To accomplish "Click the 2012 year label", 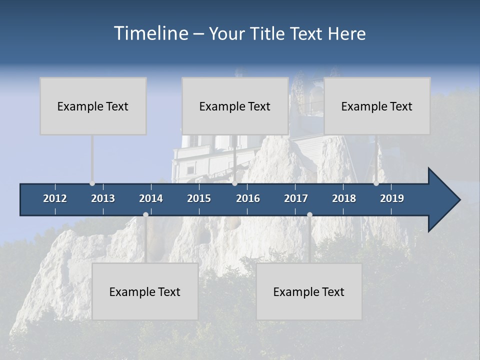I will click(55, 198).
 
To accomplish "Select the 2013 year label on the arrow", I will click(103, 198).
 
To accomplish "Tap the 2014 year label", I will click(151, 198).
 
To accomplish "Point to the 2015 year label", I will click(199, 198).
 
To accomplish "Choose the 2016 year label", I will click(248, 198).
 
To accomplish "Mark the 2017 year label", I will click(296, 198).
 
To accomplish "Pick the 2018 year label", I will click(344, 198).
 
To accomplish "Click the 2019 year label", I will click(392, 198).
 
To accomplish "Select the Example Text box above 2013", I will click(93, 106).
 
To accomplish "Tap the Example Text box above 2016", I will click(235, 106).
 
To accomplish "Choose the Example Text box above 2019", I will click(377, 106).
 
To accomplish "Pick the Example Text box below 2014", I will click(145, 291).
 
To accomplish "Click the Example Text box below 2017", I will click(309, 291).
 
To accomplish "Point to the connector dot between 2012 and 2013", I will click(92, 183).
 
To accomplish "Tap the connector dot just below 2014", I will click(145, 214).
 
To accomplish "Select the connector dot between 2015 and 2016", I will click(234, 183).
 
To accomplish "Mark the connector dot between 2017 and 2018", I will click(309, 214).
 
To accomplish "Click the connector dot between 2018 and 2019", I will click(376, 183).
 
